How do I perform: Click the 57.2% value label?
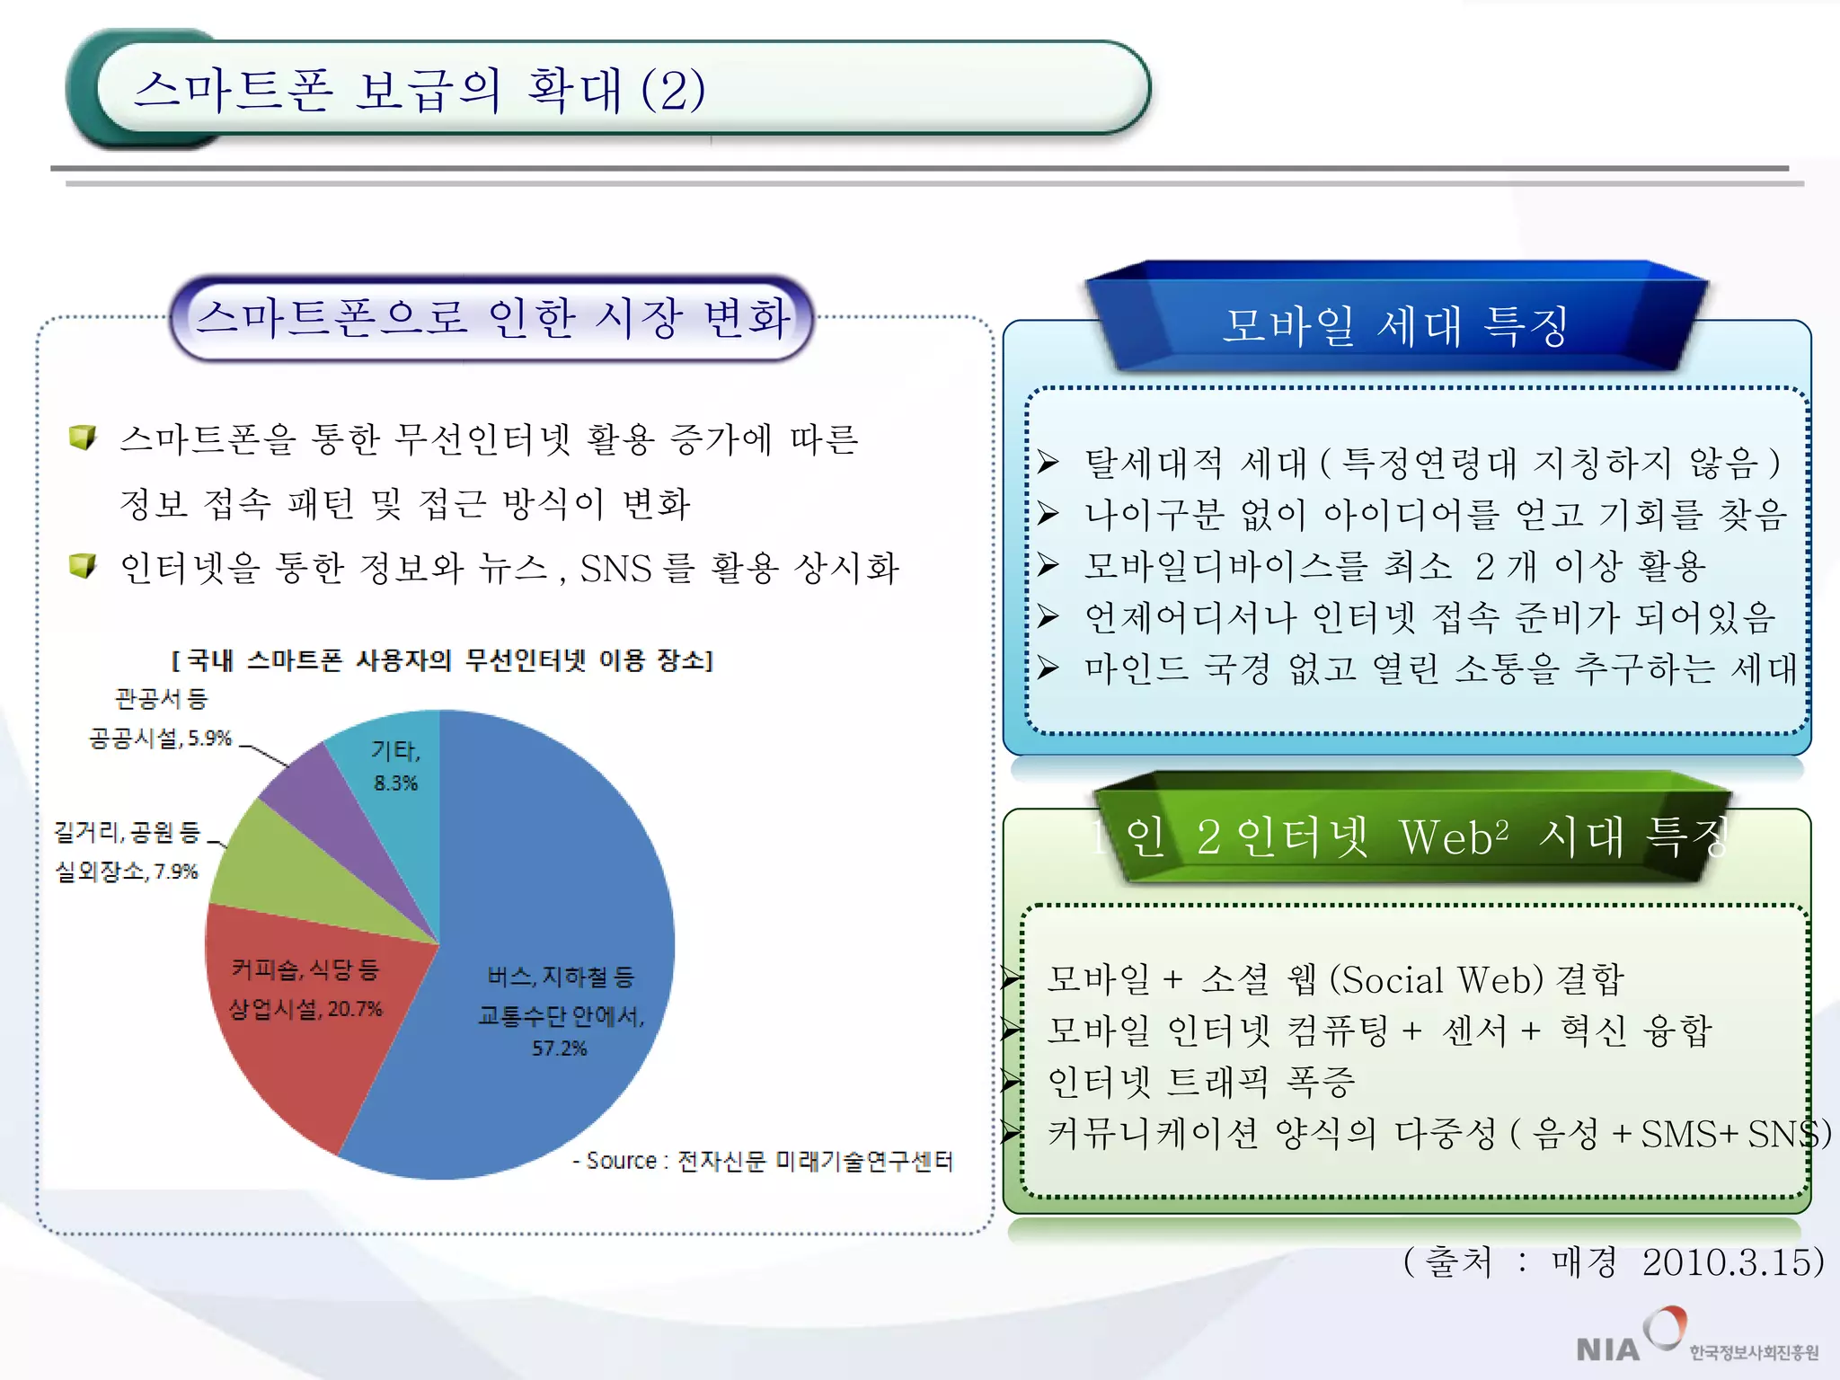pos(559,1048)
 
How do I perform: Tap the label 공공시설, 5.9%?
pos(160,739)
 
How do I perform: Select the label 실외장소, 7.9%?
pos(127,871)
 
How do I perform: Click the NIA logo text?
pos(1607,1349)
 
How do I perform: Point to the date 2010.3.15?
pos(1732,1262)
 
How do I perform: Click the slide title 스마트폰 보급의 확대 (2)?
pos(419,90)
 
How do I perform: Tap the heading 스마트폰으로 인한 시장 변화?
pos(492,318)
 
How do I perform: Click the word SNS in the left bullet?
pos(615,569)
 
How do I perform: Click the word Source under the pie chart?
pos(621,1161)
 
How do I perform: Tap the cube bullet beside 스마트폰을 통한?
pos(83,438)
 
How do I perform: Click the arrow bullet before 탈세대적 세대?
pos(1048,462)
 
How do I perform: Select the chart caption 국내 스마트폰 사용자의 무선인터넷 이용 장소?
pos(442,661)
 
